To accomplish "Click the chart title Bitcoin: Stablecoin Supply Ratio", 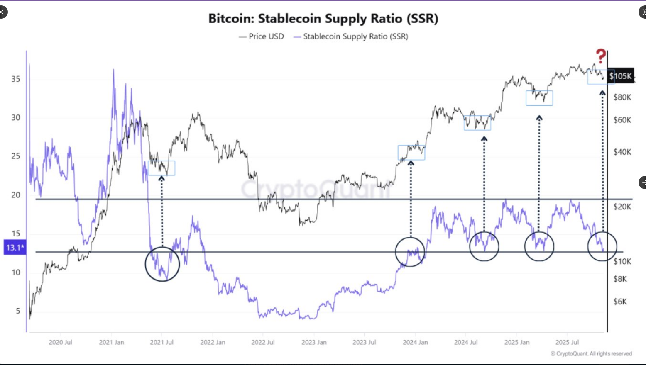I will [323, 19].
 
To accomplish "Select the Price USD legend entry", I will [262, 36].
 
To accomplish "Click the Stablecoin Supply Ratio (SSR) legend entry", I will [351, 36].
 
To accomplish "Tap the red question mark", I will [600, 56].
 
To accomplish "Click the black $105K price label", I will [620, 76].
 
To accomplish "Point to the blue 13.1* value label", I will [15, 248].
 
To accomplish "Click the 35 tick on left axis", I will [16, 79].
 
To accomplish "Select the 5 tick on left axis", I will [18, 311].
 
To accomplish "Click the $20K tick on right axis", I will [622, 207].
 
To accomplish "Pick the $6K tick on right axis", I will [620, 302].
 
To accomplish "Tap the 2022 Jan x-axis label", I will [213, 342].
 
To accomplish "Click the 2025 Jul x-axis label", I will [567, 342].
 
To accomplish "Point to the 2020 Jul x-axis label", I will [60, 342].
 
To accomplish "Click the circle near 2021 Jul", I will [162, 264].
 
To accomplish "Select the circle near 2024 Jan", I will [410, 252].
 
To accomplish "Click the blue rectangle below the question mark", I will [601, 77].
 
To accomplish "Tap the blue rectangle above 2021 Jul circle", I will [161, 168].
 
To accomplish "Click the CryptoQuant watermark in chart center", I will [316, 189].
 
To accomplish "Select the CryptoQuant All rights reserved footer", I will [591, 354].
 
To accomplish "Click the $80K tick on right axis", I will [622, 97].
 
